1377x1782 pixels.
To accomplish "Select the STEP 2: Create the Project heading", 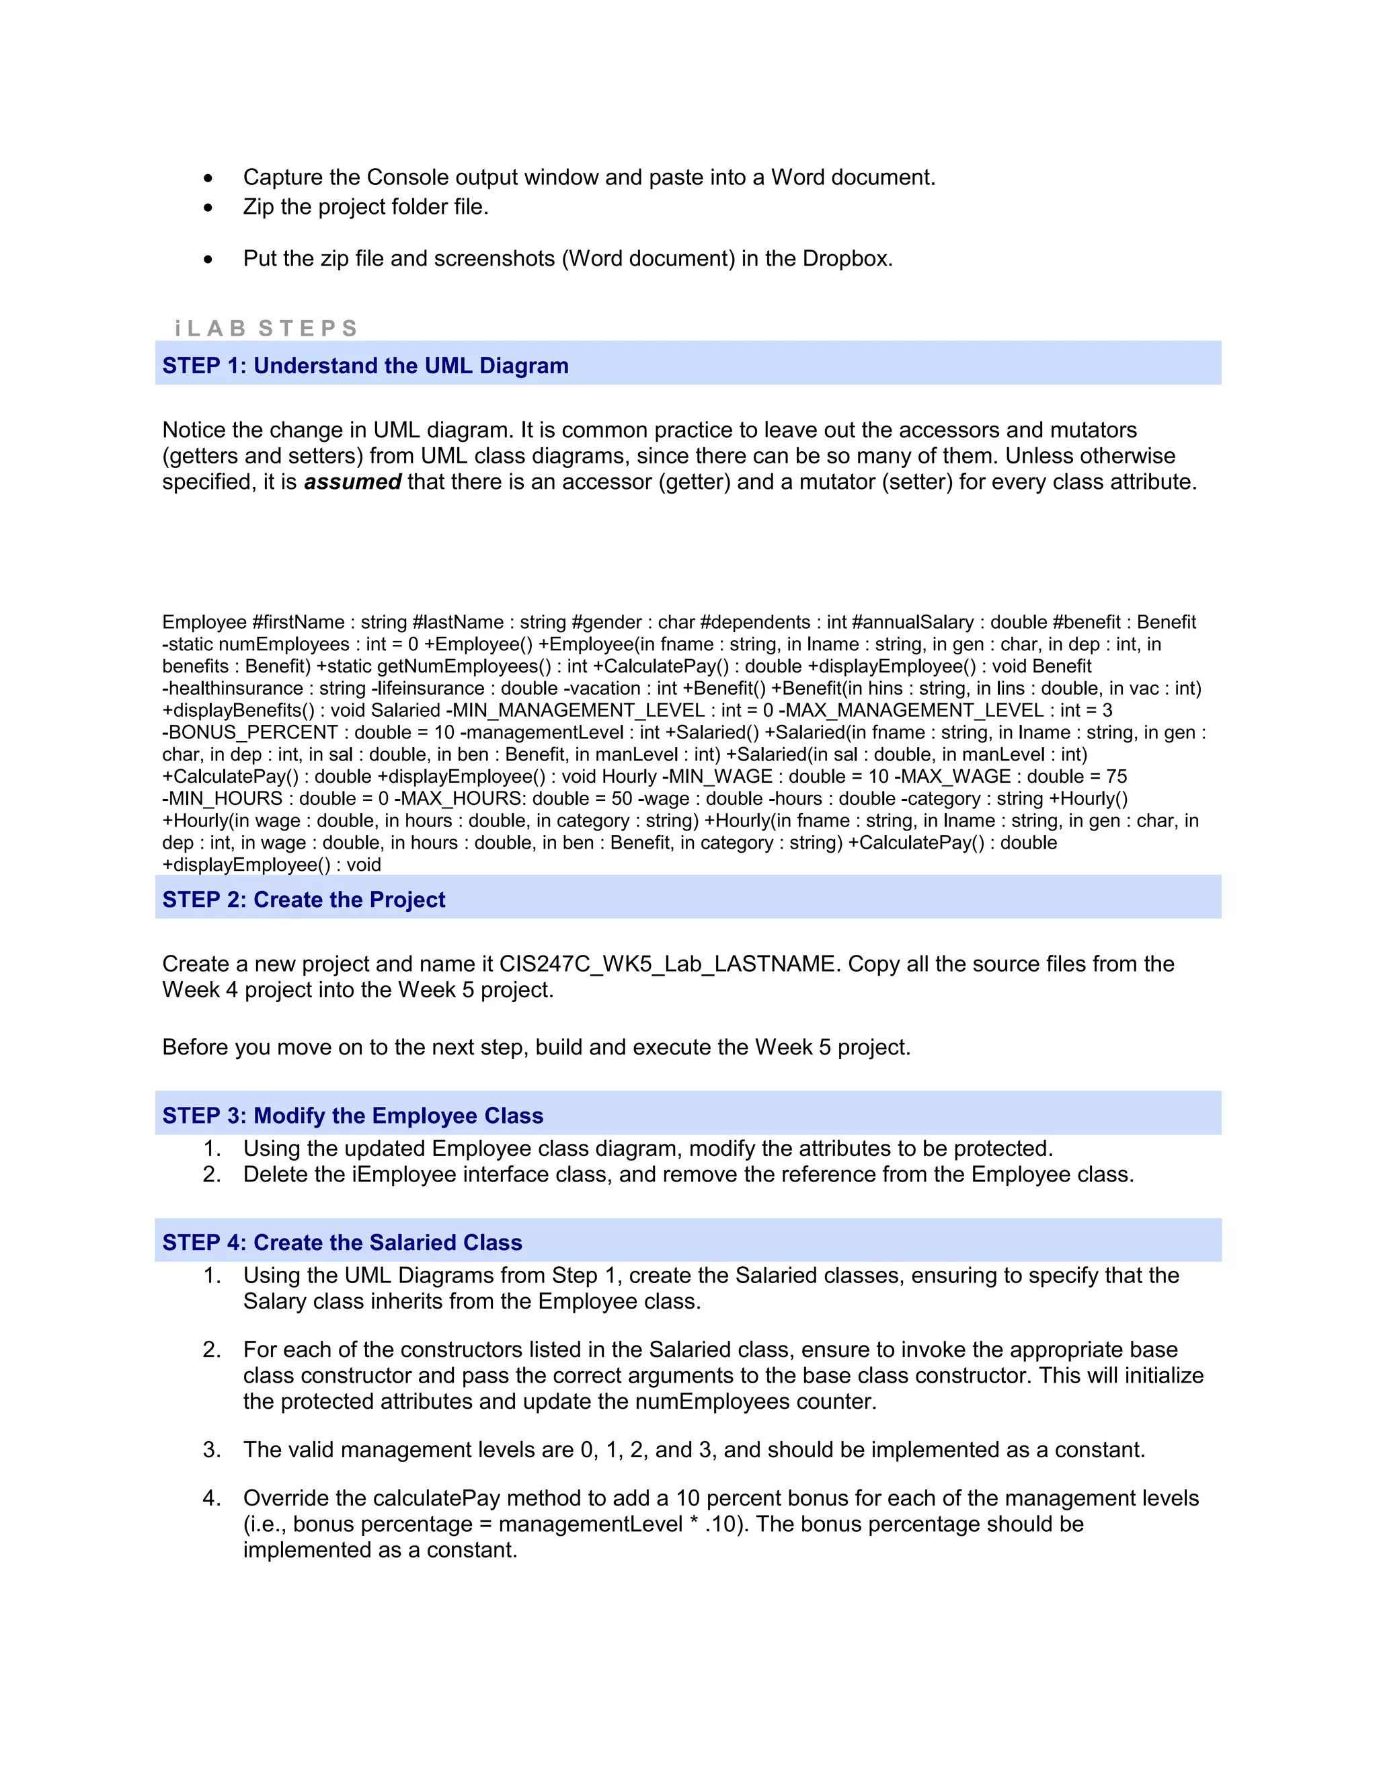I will [x=303, y=899].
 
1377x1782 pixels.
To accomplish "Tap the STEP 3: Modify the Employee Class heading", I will [x=352, y=1116].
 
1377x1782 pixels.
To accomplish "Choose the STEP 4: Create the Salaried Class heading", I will [x=342, y=1242].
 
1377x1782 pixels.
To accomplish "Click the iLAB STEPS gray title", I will [x=266, y=328].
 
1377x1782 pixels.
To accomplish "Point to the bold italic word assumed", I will [x=352, y=481].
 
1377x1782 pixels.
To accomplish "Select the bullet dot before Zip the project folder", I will [x=209, y=207].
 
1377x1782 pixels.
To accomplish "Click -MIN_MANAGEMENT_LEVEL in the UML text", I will [x=574, y=710].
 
